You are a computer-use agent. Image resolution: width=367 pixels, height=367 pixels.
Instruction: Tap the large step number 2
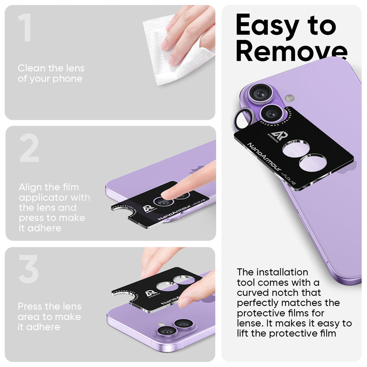click(29, 149)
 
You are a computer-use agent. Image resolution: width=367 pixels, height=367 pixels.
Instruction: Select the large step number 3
click(29, 269)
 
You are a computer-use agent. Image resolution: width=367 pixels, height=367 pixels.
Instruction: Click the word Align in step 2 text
click(30, 187)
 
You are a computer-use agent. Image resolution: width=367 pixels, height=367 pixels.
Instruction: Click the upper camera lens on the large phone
click(261, 94)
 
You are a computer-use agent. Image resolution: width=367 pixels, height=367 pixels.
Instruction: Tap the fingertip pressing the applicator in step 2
click(168, 194)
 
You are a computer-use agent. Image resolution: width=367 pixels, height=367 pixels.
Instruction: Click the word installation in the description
click(282, 272)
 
